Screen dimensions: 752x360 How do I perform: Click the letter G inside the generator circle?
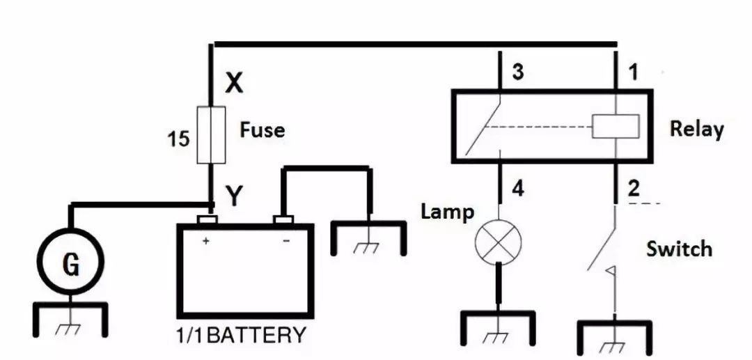click(71, 265)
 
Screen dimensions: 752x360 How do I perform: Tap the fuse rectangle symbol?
click(211, 134)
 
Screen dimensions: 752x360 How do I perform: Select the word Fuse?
click(262, 130)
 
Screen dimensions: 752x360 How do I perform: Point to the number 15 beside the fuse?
click(178, 139)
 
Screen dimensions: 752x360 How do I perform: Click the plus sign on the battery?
click(205, 241)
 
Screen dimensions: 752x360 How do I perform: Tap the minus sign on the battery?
click(286, 241)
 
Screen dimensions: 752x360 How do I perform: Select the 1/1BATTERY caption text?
click(240, 335)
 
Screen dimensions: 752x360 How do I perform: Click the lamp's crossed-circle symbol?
click(498, 241)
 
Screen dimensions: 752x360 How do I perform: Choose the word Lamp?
click(448, 212)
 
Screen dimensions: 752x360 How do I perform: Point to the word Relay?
click(696, 129)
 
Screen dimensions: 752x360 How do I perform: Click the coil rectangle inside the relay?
click(616, 127)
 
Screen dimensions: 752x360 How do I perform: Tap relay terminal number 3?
click(517, 72)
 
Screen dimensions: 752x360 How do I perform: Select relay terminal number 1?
click(633, 72)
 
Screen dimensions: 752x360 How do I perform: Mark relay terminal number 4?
click(518, 189)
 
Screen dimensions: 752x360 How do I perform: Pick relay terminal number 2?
click(634, 189)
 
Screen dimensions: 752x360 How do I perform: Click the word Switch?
click(679, 249)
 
